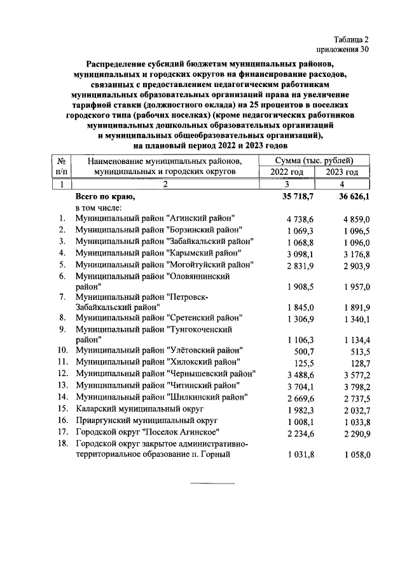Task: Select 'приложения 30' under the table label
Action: click(x=341, y=49)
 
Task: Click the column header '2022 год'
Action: click(x=287, y=172)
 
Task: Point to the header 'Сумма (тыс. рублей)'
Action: click(x=315, y=160)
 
